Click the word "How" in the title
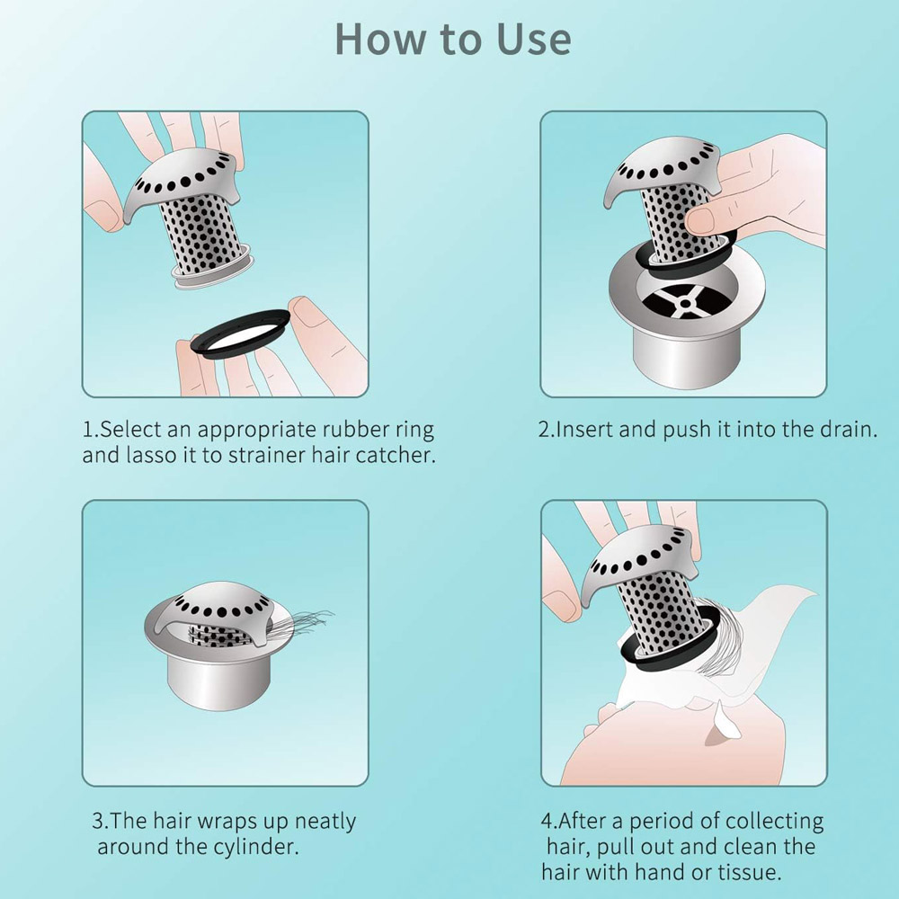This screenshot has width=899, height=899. click(x=382, y=40)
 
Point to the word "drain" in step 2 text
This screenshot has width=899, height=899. click(x=849, y=430)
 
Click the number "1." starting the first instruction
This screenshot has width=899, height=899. click(x=91, y=430)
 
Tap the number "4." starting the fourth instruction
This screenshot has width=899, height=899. click(x=548, y=821)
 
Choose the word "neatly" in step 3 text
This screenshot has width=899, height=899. click(x=325, y=823)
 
